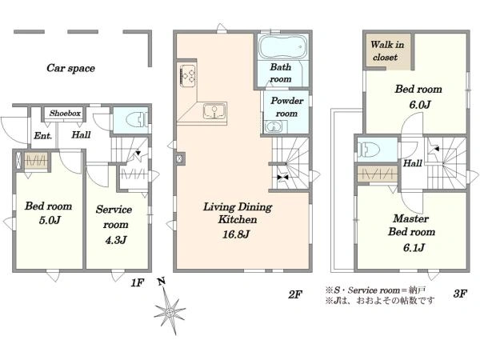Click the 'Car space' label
pos(70,68)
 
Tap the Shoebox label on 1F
pos(66,114)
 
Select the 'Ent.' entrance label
pos(42,136)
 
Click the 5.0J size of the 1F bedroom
pos(50,220)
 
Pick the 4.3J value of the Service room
pos(116,240)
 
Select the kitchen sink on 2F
pos(214,111)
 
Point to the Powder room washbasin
pos(274,126)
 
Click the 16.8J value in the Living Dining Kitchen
pos(236,234)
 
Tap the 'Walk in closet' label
pos(387,51)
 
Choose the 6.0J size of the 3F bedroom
pos(420,105)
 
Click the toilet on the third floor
pos(370,150)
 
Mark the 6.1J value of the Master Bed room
pos(414,247)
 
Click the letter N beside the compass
pos(162,282)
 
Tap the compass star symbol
pos(170,312)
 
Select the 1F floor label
pos(137,283)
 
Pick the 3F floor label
pos(460,294)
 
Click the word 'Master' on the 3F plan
pos(411,218)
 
